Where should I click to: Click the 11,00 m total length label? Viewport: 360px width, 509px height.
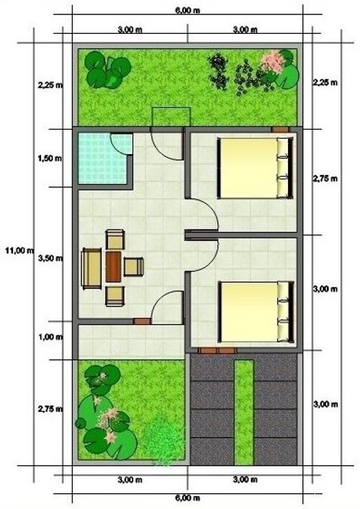click(20, 251)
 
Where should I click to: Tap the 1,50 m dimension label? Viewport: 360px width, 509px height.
click(50, 158)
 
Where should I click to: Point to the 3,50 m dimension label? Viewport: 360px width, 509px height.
click(50, 258)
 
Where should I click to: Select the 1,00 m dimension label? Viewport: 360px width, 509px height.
click(50, 337)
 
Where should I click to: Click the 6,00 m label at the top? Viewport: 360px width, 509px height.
click(188, 10)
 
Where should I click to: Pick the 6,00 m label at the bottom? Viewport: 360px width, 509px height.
click(188, 498)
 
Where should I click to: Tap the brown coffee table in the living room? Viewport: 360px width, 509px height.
click(113, 267)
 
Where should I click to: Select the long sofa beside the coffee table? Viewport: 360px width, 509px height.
click(91, 268)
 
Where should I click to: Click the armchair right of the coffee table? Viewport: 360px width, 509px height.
click(134, 267)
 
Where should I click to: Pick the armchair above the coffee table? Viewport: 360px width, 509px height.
click(115, 240)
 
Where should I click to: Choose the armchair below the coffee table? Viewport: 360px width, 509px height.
click(115, 296)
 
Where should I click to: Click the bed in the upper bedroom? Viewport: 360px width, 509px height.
click(256, 168)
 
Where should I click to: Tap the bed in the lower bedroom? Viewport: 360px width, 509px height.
click(256, 312)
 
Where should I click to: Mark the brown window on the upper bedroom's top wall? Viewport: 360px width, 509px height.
click(280, 130)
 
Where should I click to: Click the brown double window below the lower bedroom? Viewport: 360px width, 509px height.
click(217, 351)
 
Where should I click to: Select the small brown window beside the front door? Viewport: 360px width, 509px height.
click(142, 321)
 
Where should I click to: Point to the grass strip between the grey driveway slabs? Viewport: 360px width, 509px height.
click(244, 413)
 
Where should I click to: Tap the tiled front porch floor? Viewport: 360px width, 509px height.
click(131, 342)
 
